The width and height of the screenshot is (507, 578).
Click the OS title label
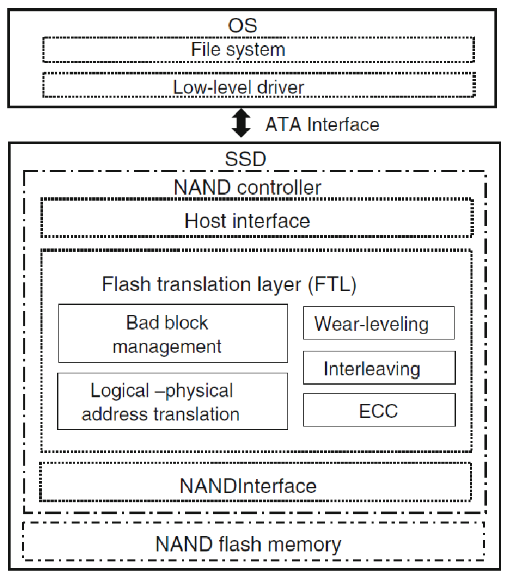click(x=242, y=25)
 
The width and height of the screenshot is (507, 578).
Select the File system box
click(x=258, y=49)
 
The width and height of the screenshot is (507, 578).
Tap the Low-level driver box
click(x=258, y=86)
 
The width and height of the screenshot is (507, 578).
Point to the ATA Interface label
click(x=323, y=124)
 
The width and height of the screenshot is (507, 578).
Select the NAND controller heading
click(x=247, y=187)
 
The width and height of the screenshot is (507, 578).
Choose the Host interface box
click(x=256, y=219)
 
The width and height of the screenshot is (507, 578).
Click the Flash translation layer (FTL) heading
click(x=229, y=284)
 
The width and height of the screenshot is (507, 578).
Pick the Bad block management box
click(x=173, y=334)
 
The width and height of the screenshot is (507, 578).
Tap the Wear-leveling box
click(x=379, y=324)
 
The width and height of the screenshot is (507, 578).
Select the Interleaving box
click(x=379, y=368)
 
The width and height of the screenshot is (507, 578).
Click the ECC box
click(x=379, y=411)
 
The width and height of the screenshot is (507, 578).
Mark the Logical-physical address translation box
click(x=173, y=401)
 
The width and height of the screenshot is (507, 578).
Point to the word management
click(x=167, y=345)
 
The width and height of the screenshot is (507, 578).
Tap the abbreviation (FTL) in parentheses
click(x=332, y=284)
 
